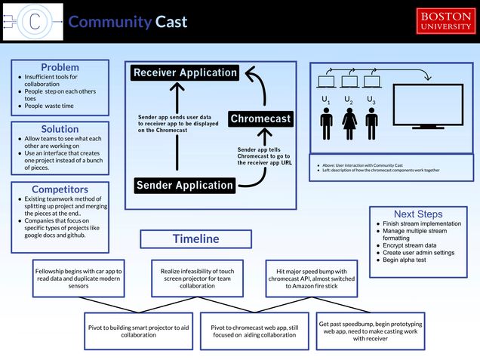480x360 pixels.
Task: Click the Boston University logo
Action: [446, 21]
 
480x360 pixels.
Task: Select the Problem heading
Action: [60, 68]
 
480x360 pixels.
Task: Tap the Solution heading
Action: [60, 129]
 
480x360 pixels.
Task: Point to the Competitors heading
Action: [60, 189]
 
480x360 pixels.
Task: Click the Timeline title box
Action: [195, 238]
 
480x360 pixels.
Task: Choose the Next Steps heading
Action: [418, 214]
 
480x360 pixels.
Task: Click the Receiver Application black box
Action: [185, 72]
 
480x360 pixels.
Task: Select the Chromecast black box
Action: [260, 119]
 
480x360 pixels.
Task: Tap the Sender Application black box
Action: [185, 185]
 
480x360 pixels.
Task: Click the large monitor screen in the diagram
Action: [427, 107]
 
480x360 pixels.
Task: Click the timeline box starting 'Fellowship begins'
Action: [78, 278]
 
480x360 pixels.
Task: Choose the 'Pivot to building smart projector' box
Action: [138, 331]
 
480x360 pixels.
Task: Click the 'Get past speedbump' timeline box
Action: [371, 331]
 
